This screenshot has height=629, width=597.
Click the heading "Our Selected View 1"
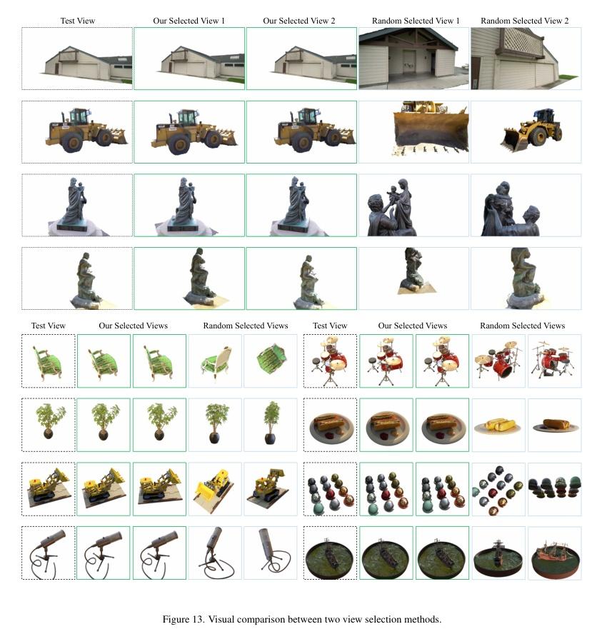189,21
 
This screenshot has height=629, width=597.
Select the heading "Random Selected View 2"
524,21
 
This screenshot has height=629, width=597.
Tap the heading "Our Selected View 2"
299,21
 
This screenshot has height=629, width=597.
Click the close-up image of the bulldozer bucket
413,131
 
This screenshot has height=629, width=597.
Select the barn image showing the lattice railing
526,59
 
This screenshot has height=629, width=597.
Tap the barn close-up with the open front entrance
413,59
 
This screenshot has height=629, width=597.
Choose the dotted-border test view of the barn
77,59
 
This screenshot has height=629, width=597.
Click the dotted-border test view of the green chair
48,361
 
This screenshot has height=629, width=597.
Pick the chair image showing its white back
215,361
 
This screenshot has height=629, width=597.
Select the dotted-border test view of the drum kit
330,361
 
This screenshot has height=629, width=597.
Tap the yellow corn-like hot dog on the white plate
498,426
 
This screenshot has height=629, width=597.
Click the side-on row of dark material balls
554,489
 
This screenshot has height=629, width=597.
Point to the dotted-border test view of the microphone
48,553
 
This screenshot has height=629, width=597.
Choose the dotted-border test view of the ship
330,553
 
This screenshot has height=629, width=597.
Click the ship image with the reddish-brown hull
554,553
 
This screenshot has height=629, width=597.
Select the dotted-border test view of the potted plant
48,426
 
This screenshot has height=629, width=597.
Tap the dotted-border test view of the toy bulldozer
48,489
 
